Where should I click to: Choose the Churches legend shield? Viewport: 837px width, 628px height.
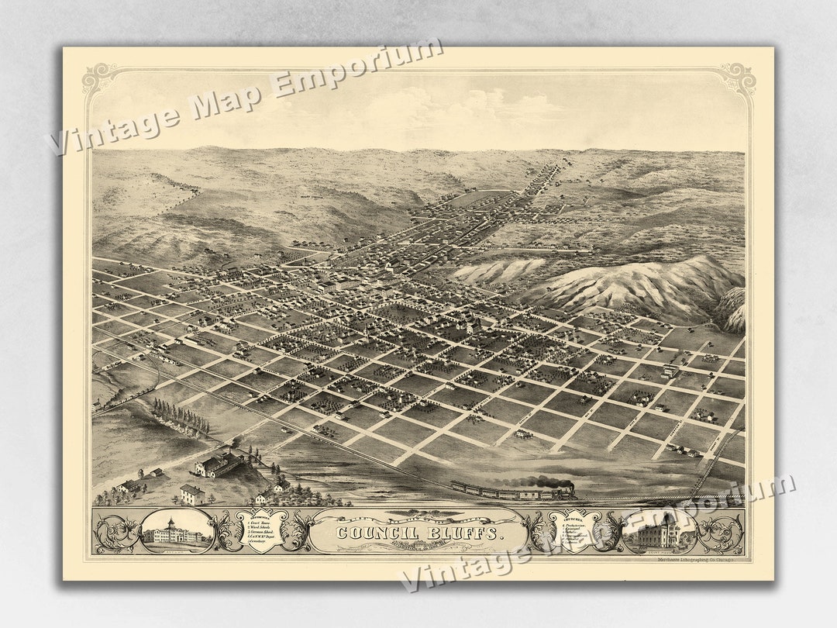tap(573, 530)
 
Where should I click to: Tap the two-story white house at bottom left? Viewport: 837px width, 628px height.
tap(191, 493)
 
